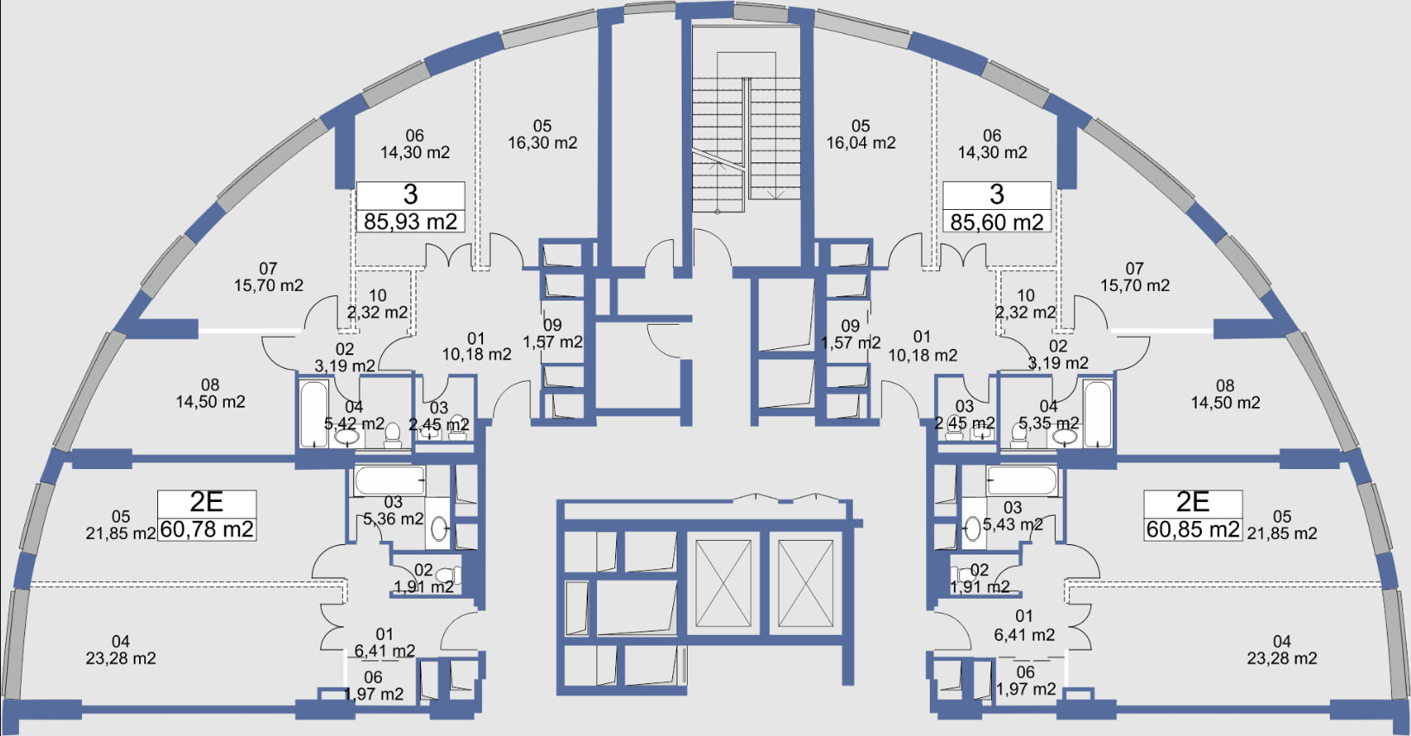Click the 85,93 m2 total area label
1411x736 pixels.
tap(410, 222)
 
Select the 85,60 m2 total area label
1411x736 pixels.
tap(996, 222)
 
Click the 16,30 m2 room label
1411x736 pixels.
tap(543, 143)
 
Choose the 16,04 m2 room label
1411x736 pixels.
tap(861, 143)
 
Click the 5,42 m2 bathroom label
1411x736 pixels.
tap(354, 424)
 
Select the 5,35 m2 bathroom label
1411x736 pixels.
tap(1049, 423)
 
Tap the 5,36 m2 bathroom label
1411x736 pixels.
tap(393, 519)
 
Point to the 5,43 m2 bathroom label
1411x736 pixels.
tap(1013, 523)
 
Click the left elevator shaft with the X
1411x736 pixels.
tap(723, 584)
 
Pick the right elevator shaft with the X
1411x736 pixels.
tap(805, 584)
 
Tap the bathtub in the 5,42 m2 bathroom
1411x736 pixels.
tap(314, 414)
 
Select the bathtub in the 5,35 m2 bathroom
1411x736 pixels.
tap(1097, 414)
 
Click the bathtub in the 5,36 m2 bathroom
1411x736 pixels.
tap(390, 481)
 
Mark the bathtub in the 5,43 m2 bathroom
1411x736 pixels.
tap(1021, 481)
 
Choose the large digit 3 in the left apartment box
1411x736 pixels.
tap(410, 194)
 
